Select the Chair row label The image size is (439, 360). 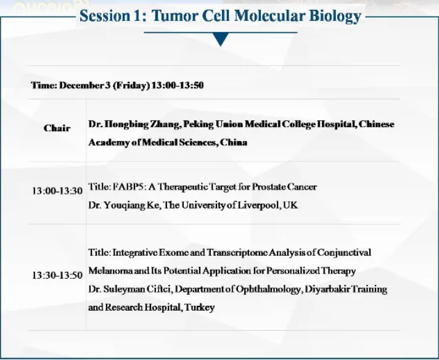(57, 128)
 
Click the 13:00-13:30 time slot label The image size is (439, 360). (57, 191)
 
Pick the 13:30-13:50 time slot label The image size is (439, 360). (57, 275)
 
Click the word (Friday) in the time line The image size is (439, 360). (131, 86)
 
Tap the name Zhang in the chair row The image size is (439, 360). (165, 125)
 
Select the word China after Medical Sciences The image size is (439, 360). (234, 142)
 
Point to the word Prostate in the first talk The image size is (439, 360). (265, 187)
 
